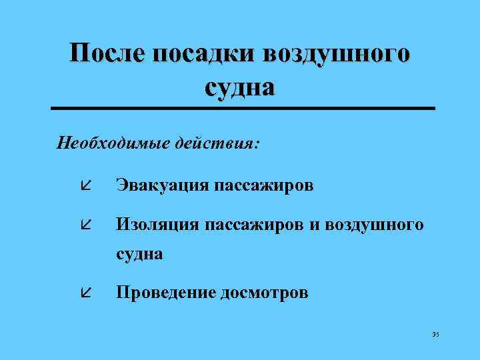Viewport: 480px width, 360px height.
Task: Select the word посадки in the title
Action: pos(204,54)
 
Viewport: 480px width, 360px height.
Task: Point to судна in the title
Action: pos(240,87)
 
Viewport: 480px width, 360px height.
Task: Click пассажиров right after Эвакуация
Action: pos(264,185)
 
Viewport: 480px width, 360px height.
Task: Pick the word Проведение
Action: pos(165,293)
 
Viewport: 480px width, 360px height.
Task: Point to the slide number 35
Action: pos(436,334)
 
